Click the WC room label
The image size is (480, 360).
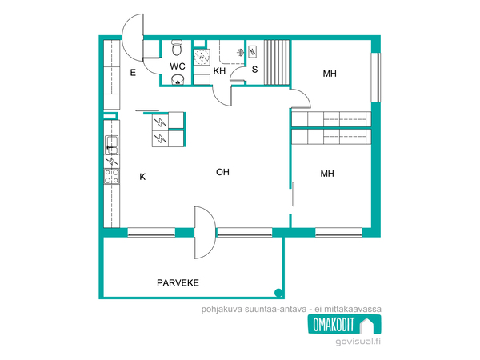coord(178,66)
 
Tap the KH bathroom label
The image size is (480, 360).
coord(219,71)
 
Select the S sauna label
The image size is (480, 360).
coord(254,70)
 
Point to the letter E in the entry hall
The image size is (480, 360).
coord(133,73)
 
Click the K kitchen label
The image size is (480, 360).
coord(142,177)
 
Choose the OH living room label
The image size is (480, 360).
coord(222,172)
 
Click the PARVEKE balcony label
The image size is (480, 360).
coord(178,282)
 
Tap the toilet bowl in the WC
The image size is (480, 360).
coord(177,48)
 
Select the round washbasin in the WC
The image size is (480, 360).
coord(178,79)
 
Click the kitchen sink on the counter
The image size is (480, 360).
coord(112,145)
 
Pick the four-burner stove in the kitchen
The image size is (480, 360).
coord(112,176)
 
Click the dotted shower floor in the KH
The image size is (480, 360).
coord(202,58)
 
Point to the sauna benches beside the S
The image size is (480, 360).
coord(277,62)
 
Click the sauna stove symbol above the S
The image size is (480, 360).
coord(253,51)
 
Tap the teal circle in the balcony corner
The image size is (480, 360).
coord(278,293)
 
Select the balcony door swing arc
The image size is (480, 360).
coord(205,233)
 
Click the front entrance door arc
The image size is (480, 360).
coord(133,38)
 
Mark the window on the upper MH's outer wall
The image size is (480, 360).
coord(376,78)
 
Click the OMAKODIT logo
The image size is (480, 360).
coord(344,324)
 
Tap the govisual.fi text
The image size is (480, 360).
coord(358,342)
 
